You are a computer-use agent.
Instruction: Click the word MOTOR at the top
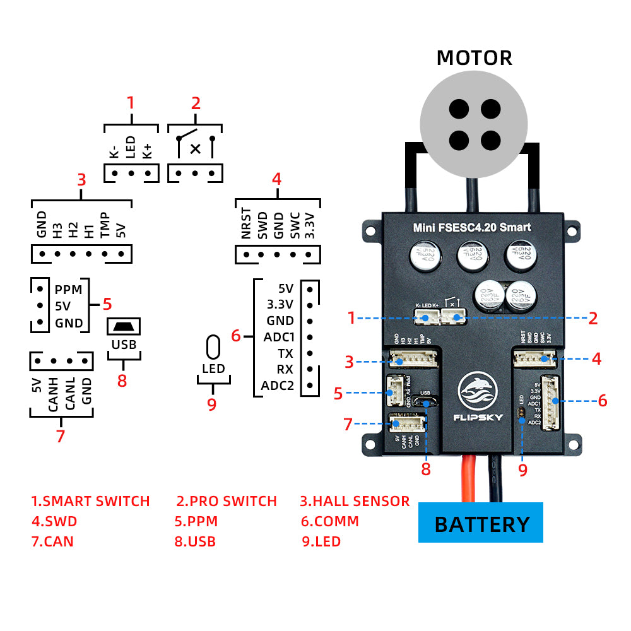pyautogui.click(x=474, y=58)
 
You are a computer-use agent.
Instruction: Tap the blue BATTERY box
pyautogui.click(x=481, y=523)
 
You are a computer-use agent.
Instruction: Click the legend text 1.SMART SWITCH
pyautogui.click(x=90, y=501)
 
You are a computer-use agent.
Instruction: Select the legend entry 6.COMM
pyautogui.click(x=329, y=521)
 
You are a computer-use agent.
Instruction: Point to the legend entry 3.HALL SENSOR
pyautogui.click(x=354, y=501)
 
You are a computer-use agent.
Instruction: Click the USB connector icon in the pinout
pyautogui.click(x=124, y=327)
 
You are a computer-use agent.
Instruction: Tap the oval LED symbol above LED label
pyautogui.click(x=213, y=347)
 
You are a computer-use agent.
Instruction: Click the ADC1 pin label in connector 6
pyautogui.click(x=279, y=337)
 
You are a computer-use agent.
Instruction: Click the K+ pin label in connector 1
pyautogui.click(x=147, y=151)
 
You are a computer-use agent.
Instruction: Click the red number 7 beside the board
pyautogui.click(x=347, y=424)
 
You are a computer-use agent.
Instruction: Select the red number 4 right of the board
pyautogui.click(x=596, y=359)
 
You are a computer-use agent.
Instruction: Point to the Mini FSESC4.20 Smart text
pyautogui.click(x=471, y=227)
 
